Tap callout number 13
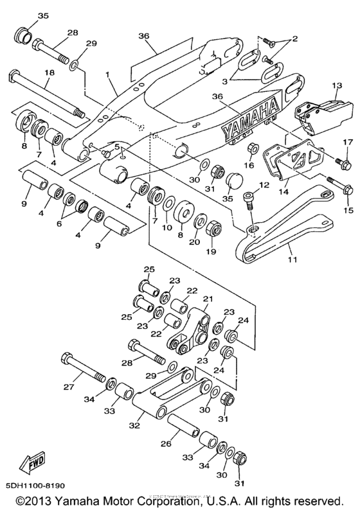(335, 85)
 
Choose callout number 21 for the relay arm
(207, 299)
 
